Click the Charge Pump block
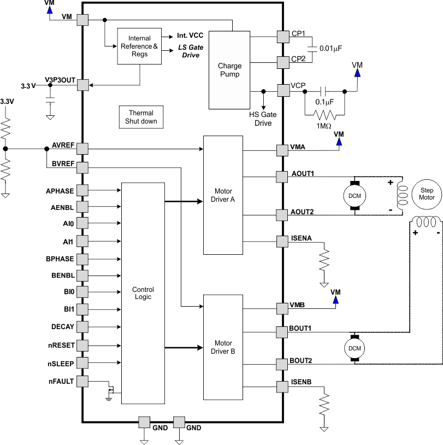pos(229,69)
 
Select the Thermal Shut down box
pos(141,117)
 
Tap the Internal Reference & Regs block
pos(140,46)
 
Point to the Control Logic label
pos(143,293)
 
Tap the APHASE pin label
pos(60,191)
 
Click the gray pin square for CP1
pos(283,37)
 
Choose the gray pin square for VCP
pos(283,91)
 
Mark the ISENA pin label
pos(301,238)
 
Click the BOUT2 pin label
pos(301,361)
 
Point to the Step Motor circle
pos(427,194)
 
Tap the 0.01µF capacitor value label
pos(330,49)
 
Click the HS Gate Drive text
pos(263,119)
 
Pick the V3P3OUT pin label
pos(60,80)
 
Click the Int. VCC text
pos(190,36)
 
